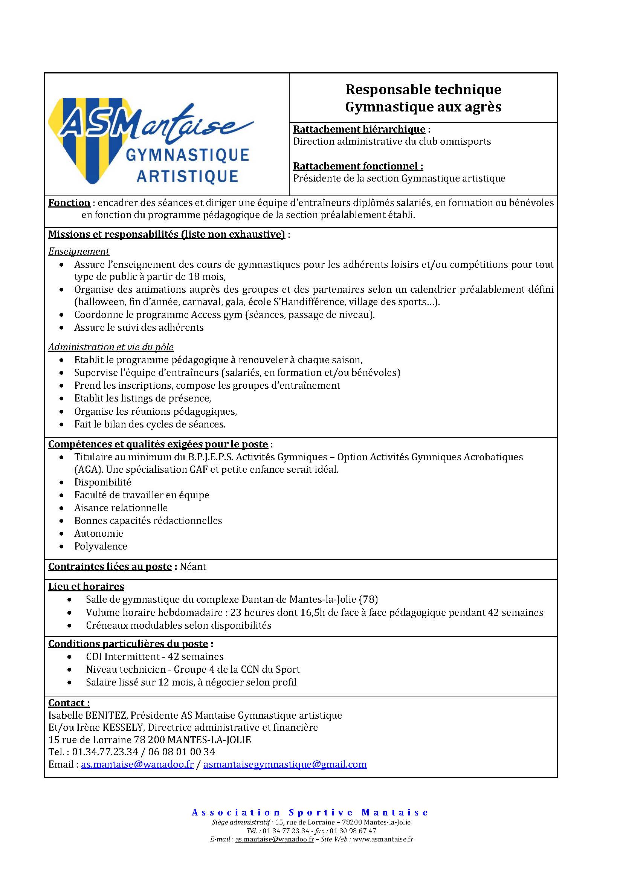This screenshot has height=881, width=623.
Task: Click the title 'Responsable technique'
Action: click(423, 89)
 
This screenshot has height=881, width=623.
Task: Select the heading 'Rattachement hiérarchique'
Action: click(359, 129)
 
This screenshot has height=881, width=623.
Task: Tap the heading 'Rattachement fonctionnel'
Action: click(358, 166)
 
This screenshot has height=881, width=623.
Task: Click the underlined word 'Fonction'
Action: click(69, 203)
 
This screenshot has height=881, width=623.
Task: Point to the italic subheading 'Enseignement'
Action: click(79, 251)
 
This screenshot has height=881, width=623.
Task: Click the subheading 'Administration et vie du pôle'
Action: click(111, 347)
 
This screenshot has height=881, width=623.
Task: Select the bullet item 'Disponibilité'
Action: click(102, 482)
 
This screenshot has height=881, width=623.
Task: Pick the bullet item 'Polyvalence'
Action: click(101, 546)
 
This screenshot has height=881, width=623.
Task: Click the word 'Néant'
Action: click(193, 566)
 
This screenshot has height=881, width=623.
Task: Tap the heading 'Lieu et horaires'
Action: click(86, 586)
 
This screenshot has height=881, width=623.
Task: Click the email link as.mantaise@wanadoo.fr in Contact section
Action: click(137, 764)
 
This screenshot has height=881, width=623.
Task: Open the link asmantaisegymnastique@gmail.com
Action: click(285, 764)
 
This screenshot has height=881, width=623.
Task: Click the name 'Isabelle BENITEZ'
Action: click(89, 715)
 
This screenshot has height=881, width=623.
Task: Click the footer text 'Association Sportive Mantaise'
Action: click(310, 813)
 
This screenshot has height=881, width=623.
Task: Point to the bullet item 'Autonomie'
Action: click(99, 533)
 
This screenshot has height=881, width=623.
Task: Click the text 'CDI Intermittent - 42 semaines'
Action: click(154, 657)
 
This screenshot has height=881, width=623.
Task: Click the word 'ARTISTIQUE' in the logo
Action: click(188, 177)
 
